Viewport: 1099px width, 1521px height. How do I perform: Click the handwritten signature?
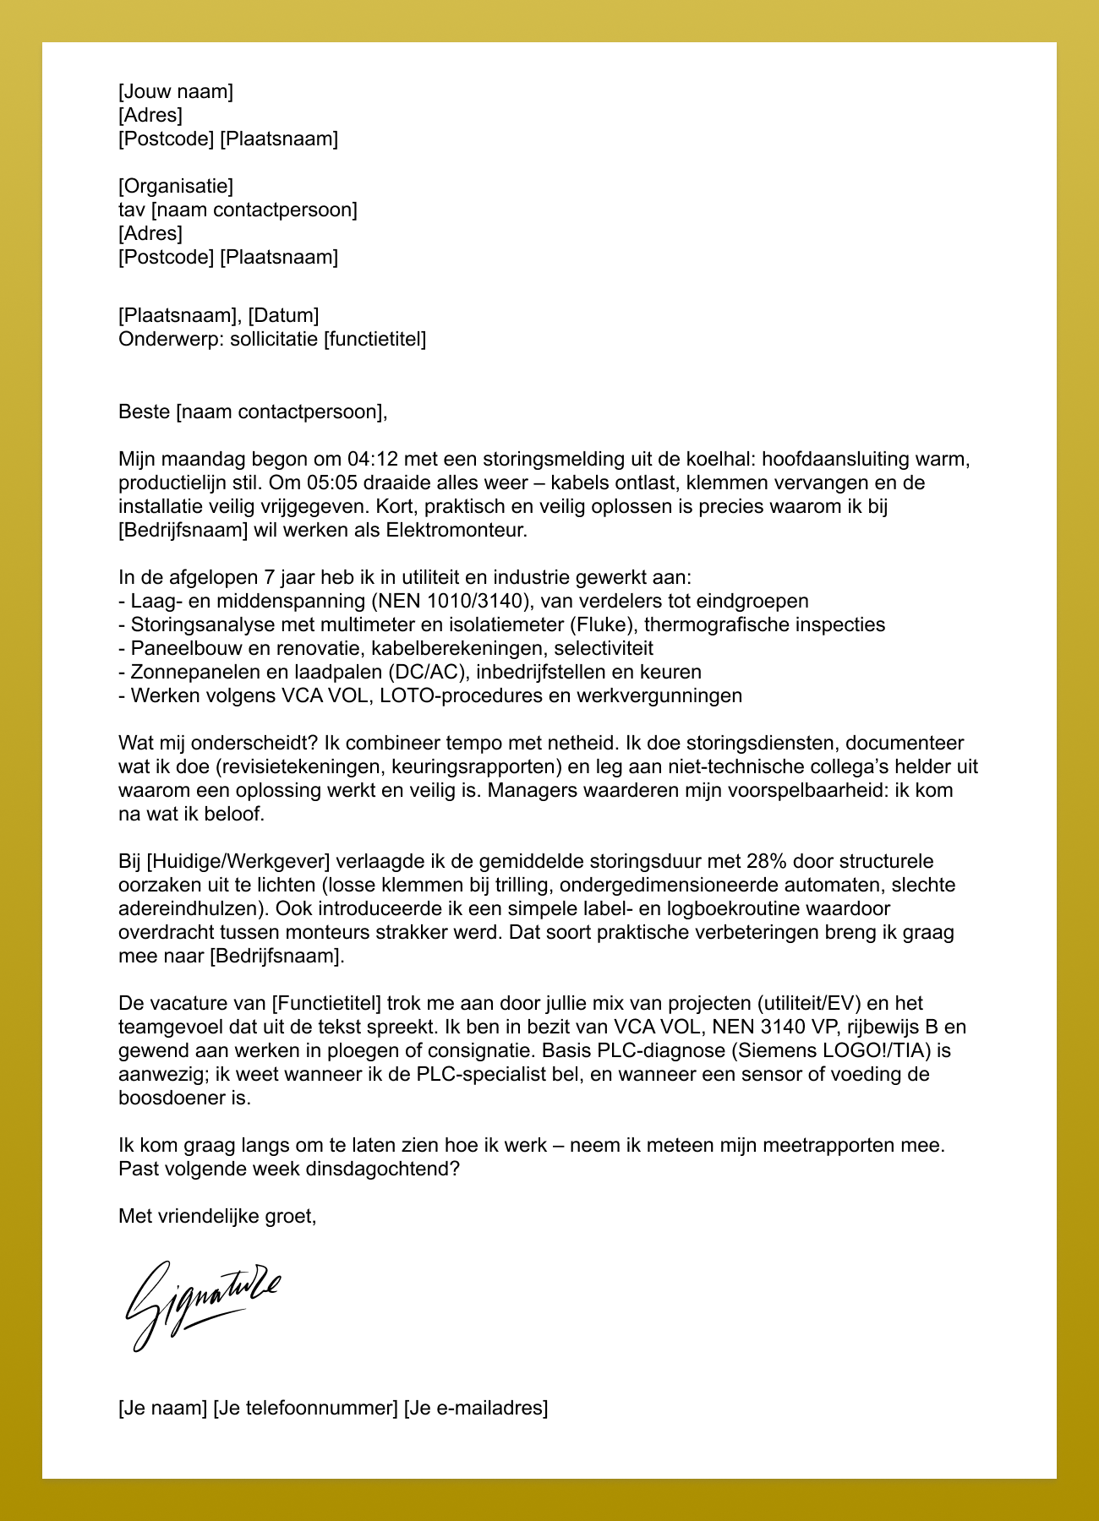(203, 1302)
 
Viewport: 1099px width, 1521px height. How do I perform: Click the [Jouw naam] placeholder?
(176, 91)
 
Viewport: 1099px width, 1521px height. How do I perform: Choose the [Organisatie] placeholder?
(176, 186)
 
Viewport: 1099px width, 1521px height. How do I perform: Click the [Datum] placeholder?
(283, 316)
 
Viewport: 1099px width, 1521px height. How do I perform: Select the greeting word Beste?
(145, 412)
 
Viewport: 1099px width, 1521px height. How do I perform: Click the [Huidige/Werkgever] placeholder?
(238, 862)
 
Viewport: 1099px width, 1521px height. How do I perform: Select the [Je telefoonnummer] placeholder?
(305, 1409)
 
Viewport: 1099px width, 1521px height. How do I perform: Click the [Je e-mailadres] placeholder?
(476, 1409)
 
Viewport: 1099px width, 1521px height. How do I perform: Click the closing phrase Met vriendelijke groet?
(217, 1217)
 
